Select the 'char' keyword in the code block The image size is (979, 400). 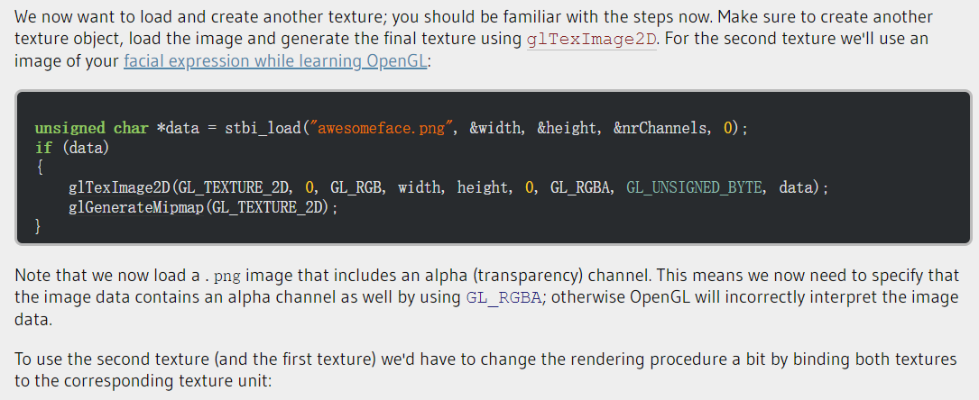(x=132, y=128)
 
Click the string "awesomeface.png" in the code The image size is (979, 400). (x=382, y=128)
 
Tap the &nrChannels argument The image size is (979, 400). (x=663, y=128)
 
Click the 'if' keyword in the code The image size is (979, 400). (x=43, y=148)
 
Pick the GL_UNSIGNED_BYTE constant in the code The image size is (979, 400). (x=695, y=187)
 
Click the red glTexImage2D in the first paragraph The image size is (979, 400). (x=594, y=41)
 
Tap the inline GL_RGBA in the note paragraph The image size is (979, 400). (x=504, y=298)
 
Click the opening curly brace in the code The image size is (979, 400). (x=39, y=168)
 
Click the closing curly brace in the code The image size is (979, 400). (x=39, y=227)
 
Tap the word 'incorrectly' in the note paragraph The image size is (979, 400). (x=690, y=297)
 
